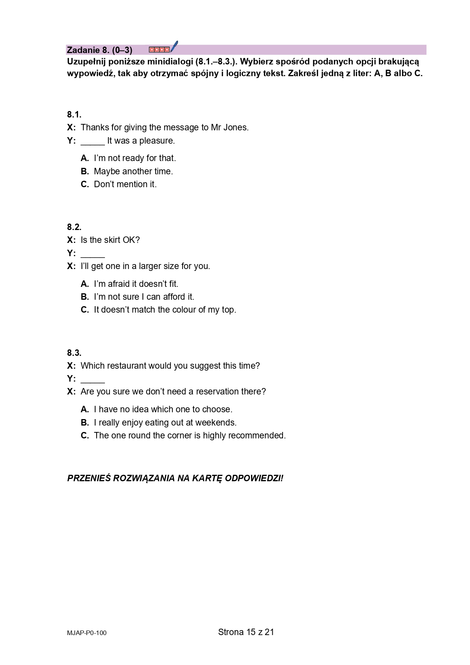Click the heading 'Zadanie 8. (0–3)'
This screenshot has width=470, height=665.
coord(99,50)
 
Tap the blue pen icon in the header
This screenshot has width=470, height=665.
coord(174,47)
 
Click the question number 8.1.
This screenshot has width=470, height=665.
coord(74,114)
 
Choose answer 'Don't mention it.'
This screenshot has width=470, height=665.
coord(125,185)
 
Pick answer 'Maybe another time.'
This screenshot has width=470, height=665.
coord(133,171)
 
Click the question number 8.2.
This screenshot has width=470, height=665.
coord(74,227)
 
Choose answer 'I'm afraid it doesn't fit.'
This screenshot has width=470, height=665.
coord(136,284)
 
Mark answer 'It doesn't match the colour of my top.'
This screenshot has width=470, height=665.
coord(165,310)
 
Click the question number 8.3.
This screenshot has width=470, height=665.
coord(74,353)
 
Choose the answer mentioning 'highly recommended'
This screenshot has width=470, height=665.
coord(189,436)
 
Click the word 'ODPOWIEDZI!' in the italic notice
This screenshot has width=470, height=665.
coord(254,479)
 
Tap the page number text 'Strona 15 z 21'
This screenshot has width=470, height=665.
coord(246,632)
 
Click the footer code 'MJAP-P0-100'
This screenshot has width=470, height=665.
coord(87,633)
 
